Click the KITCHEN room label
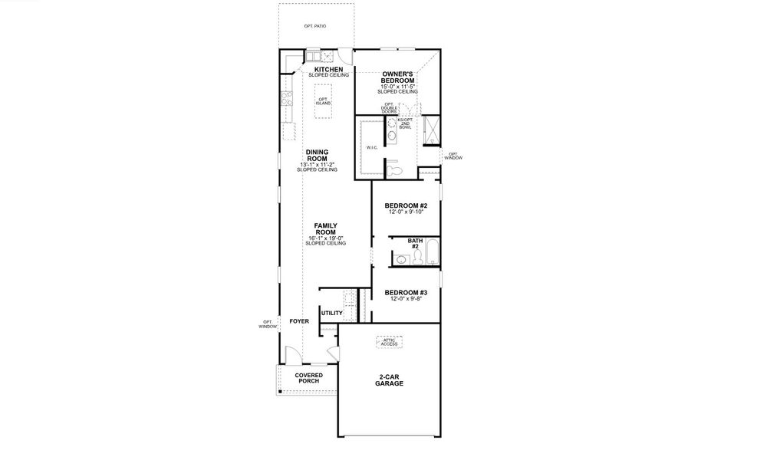(x=328, y=70)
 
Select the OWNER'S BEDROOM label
(x=398, y=77)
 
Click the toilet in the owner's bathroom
(x=394, y=169)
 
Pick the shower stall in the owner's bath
(x=431, y=130)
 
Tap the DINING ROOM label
(x=317, y=155)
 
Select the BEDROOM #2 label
(x=406, y=206)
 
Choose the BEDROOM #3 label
(x=406, y=292)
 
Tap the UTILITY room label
(x=331, y=313)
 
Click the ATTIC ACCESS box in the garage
(x=390, y=342)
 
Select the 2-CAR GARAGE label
(x=390, y=380)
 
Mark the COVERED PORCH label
(x=308, y=378)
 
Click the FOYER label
(x=299, y=321)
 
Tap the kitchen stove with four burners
(x=287, y=98)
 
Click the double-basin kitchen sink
(x=317, y=55)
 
